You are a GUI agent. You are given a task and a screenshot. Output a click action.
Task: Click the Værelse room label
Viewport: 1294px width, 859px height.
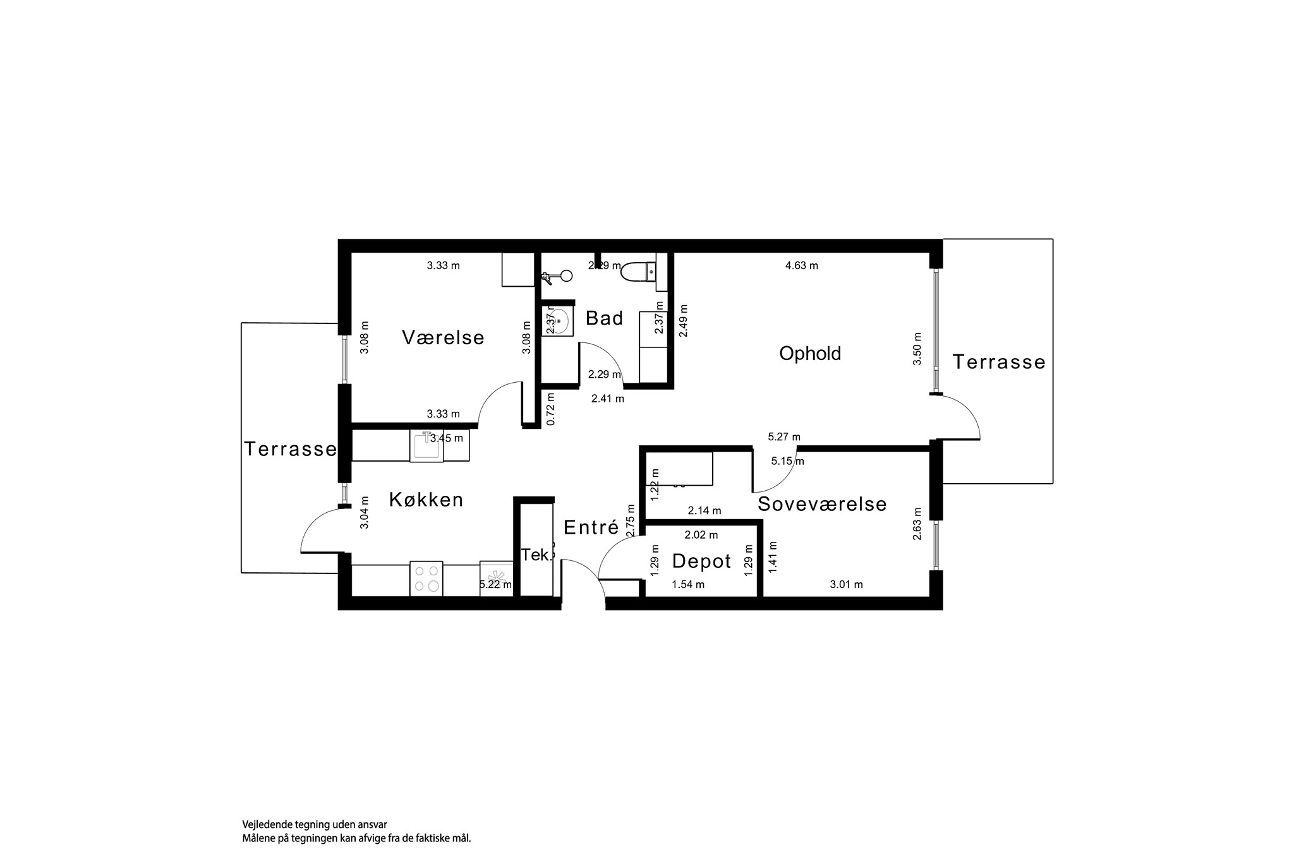tap(443, 338)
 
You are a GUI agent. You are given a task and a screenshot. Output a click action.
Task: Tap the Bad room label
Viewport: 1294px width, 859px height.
tap(604, 318)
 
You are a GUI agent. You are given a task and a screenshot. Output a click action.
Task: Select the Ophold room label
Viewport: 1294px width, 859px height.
tap(810, 353)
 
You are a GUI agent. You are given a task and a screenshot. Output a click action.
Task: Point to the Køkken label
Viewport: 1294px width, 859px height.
tap(426, 500)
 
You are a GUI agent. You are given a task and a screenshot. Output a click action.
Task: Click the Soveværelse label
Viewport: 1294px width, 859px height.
tap(822, 504)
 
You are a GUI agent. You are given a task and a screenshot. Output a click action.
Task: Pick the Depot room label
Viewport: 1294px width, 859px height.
tap(701, 561)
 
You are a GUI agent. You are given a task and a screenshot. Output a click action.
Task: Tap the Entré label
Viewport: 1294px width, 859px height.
tap(591, 527)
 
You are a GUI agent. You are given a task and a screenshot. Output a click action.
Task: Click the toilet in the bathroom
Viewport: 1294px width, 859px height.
tap(638, 272)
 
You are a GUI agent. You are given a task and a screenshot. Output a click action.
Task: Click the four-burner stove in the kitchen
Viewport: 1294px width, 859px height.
tap(426, 579)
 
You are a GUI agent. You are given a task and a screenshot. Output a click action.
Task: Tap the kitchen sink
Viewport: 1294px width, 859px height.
tap(426, 445)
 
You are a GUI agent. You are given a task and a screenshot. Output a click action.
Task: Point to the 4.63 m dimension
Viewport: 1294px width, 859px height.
tap(801, 266)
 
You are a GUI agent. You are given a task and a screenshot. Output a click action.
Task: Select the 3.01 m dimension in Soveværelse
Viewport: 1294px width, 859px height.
tap(846, 585)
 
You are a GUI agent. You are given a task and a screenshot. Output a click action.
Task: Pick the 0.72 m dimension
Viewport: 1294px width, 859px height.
tap(550, 409)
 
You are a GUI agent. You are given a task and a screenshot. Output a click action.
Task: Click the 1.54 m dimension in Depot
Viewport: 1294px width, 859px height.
tap(688, 585)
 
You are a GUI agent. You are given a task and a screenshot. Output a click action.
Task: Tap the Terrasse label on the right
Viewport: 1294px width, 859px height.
tap(998, 362)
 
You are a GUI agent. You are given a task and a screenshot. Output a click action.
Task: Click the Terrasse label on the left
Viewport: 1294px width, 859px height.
tap(290, 449)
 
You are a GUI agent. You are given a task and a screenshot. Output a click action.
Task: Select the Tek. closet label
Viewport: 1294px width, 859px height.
tap(536, 555)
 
